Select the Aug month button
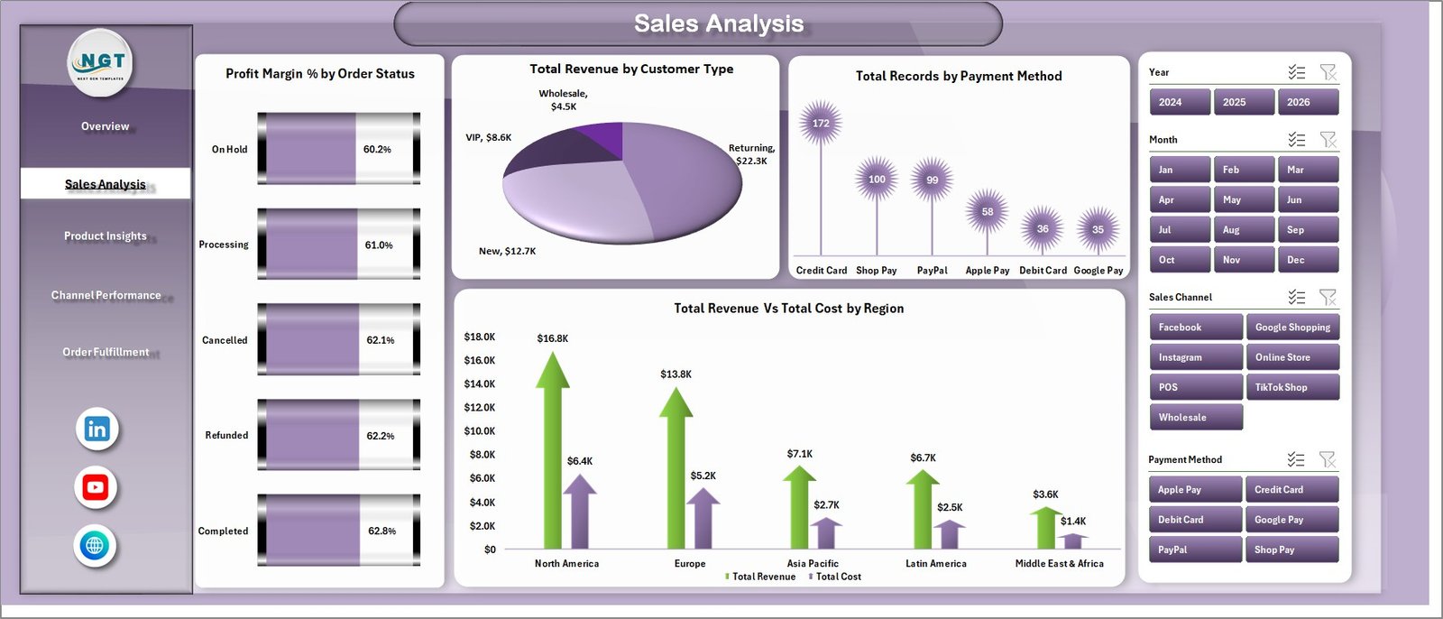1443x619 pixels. (x=1244, y=230)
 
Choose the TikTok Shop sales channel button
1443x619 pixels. (x=1291, y=387)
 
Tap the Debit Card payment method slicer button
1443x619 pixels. (x=1195, y=520)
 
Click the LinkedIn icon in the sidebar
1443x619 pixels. (x=97, y=430)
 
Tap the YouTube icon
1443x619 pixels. (x=96, y=488)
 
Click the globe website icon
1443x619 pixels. (x=95, y=545)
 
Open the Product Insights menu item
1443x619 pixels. (x=106, y=236)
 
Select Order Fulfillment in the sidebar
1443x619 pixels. (x=106, y=352)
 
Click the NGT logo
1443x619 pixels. (x=101, y=62)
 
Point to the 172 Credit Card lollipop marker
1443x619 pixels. (x=821, y=124)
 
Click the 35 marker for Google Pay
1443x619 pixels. (x=1098, y=229)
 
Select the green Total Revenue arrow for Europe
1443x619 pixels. (x=676, y=469)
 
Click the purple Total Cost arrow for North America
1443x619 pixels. (x=580, y=510)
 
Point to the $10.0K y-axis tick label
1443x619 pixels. (x=480, y=431)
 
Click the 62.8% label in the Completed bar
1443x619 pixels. (x=381, y=531)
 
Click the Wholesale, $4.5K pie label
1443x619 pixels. (x=564, y=100)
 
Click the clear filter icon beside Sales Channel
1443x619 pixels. (x=1328, y=297)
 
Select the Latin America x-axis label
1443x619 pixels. (x=935, y=564)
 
